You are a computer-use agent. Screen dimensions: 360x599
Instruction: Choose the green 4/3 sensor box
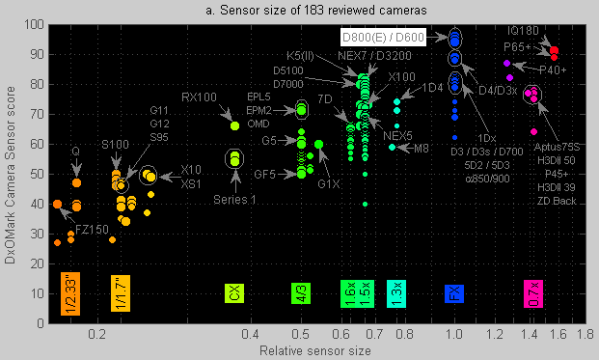point(301,293)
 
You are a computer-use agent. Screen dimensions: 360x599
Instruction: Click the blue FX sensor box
point(454,293)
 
